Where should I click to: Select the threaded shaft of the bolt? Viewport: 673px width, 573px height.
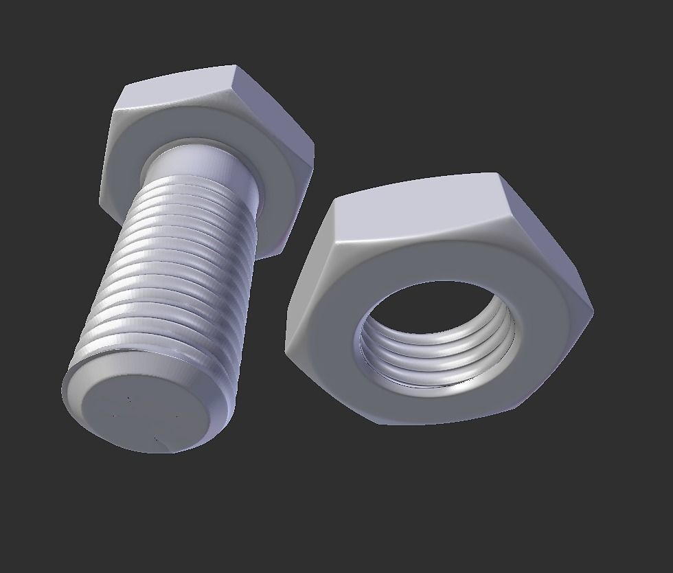pos(172,275)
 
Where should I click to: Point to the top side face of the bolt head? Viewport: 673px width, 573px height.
pos(182,89)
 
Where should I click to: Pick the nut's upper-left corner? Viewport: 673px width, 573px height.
pos(332,199)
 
